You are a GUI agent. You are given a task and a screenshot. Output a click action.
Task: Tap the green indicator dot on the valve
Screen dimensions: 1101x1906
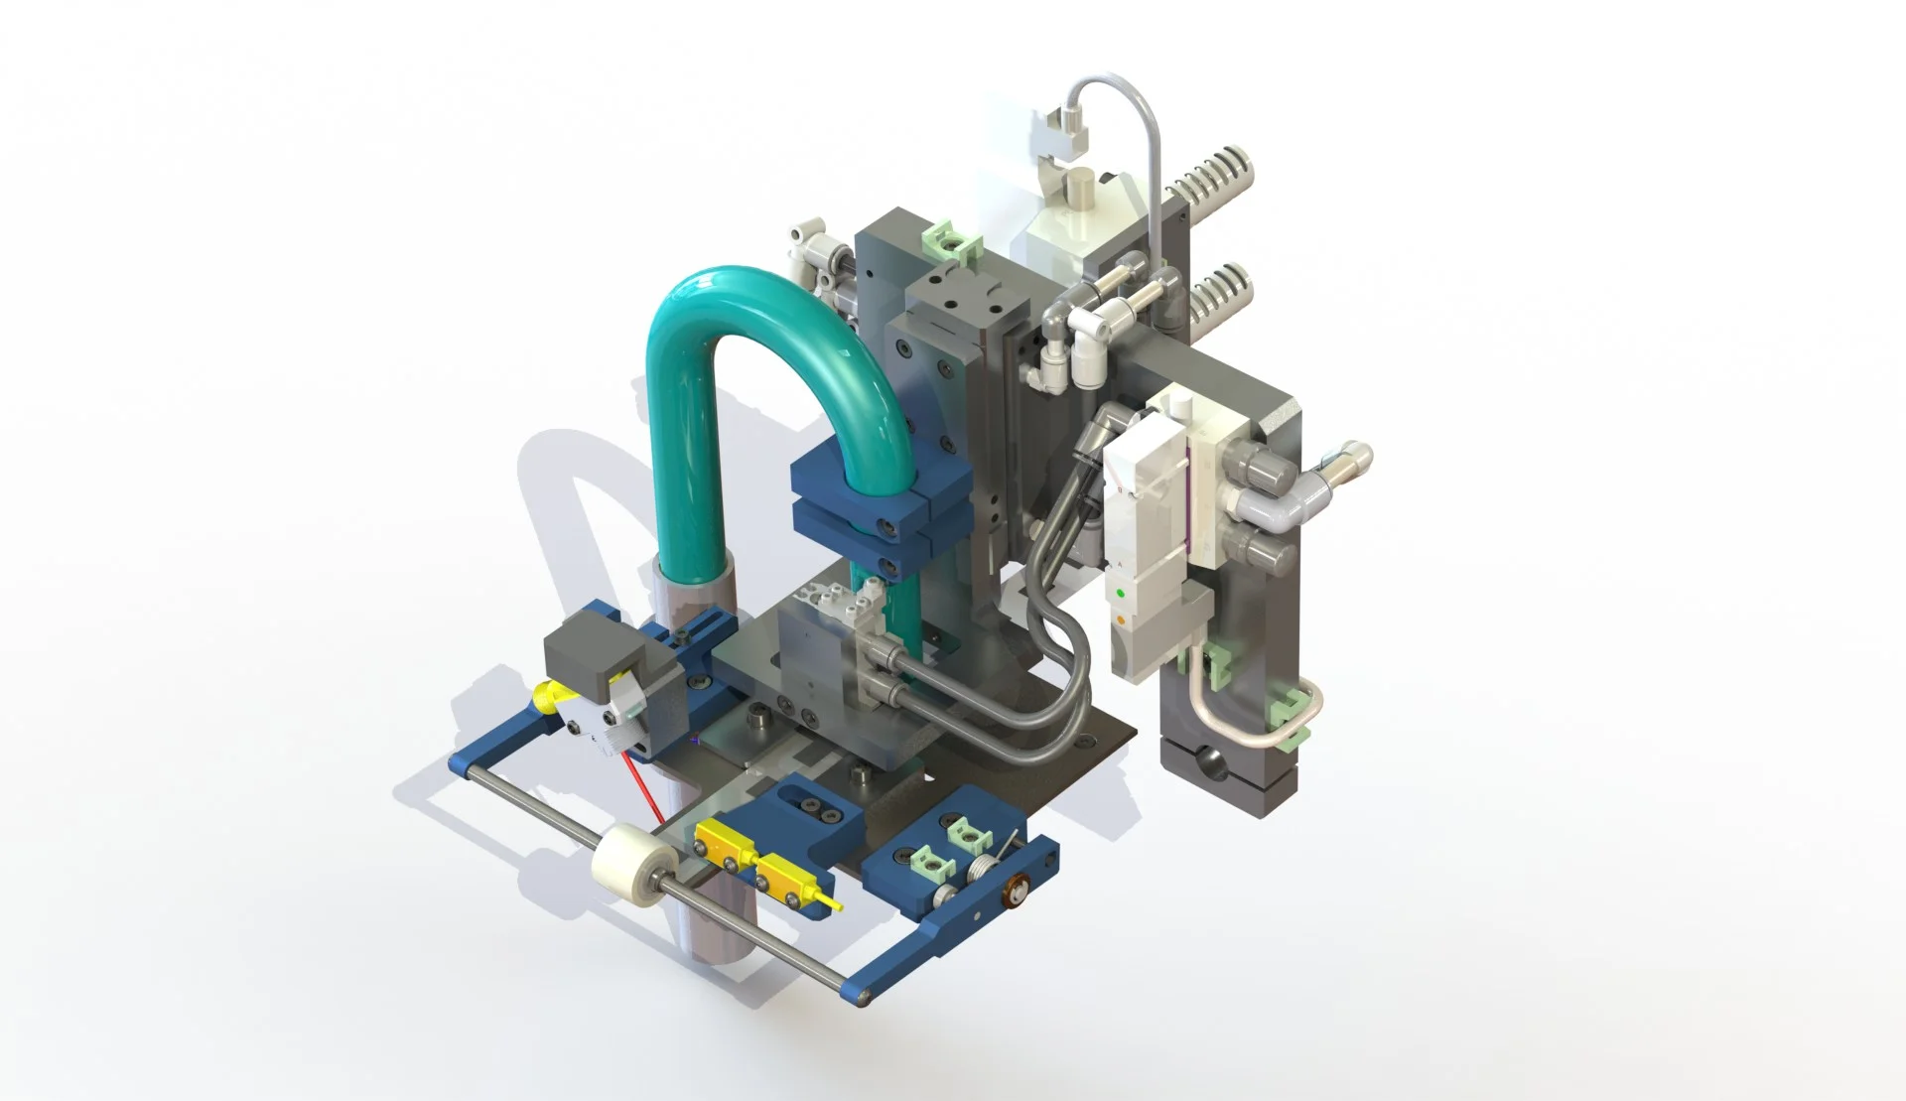(x=1121, y=593)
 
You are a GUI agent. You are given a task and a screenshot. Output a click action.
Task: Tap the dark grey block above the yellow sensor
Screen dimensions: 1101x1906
(x=592, y=656)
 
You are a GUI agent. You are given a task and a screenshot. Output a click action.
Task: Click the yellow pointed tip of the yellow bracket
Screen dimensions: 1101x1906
(x=838, y=904)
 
